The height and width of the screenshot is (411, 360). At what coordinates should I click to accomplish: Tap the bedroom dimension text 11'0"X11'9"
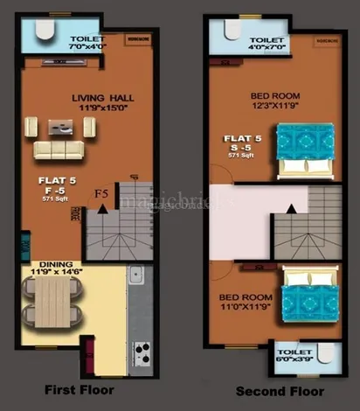[250, 307]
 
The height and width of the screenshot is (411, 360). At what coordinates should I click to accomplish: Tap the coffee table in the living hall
[60, 125]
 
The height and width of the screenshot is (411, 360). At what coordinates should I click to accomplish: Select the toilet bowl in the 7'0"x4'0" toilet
[45, 31]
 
